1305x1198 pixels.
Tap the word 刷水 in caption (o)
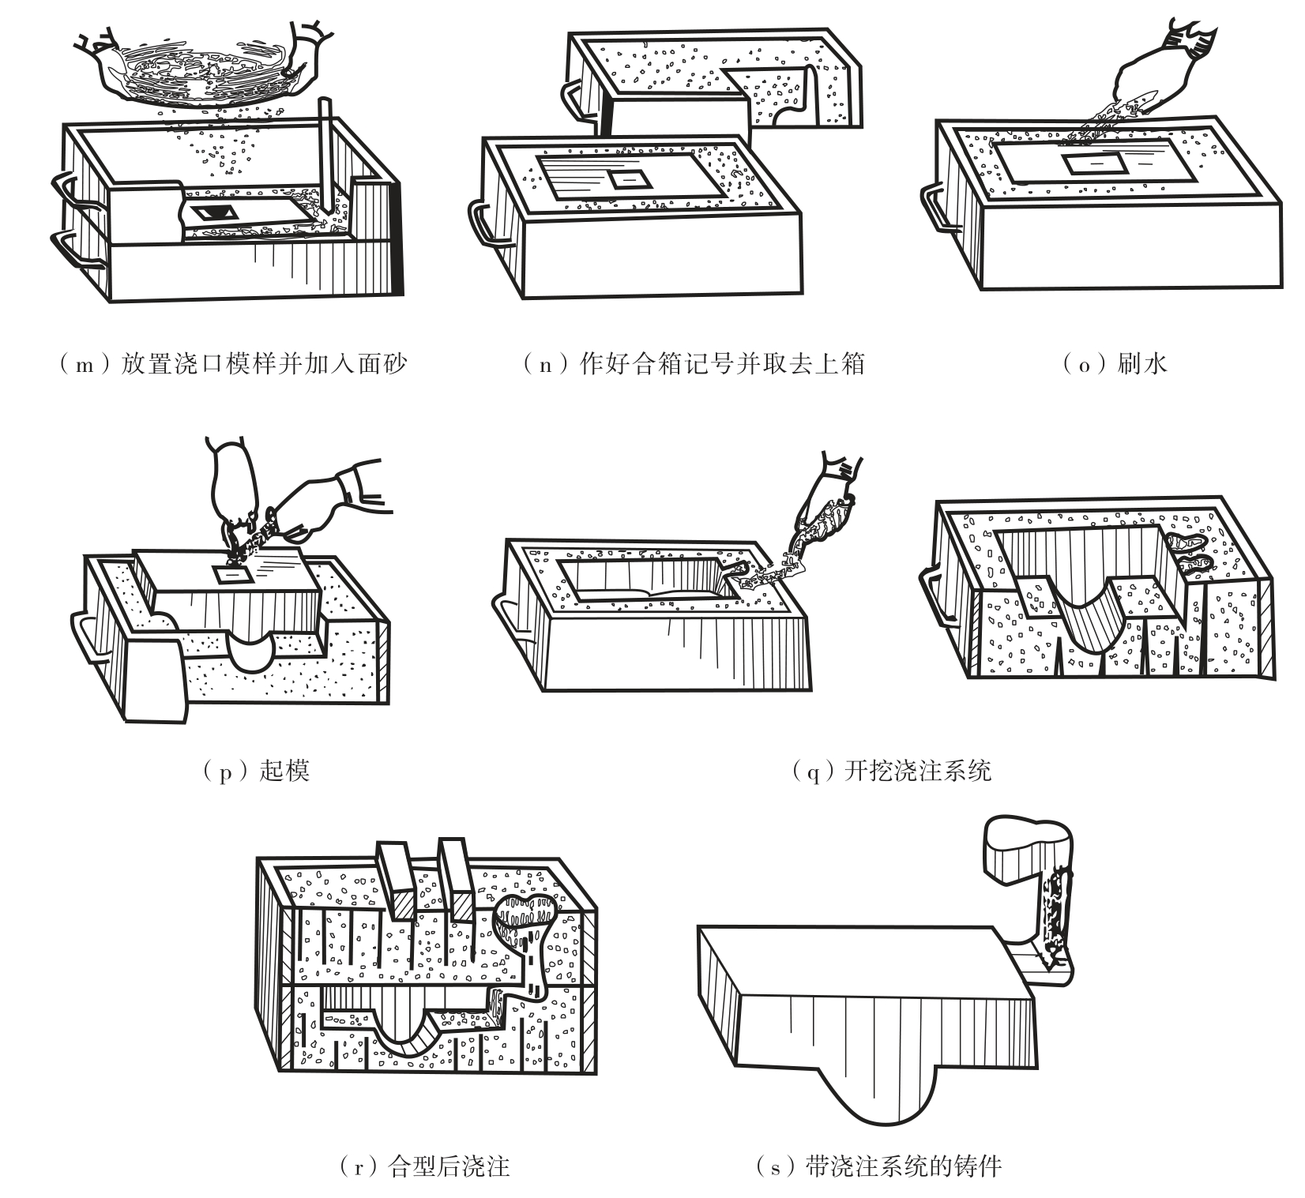pos(1142,364)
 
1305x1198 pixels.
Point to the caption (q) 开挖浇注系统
pos(891,770)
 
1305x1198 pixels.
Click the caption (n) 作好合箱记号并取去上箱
pos(694,364)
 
